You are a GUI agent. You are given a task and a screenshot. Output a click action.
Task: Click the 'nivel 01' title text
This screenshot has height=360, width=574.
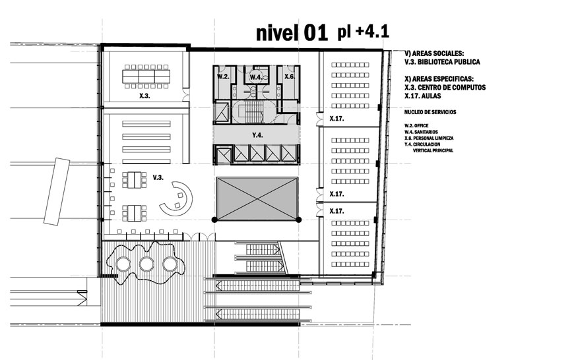point(292,33)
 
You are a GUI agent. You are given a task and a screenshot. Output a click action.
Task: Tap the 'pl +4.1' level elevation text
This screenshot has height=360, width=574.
point(363,32)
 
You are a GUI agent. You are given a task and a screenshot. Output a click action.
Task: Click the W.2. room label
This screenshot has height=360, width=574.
point(223,77)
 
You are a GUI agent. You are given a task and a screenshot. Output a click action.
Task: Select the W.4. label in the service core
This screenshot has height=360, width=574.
point(255,78)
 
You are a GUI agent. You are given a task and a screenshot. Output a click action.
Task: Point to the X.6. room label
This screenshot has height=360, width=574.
point(290,76)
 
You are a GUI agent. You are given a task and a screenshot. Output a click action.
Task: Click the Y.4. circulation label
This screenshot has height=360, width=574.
point(257,135)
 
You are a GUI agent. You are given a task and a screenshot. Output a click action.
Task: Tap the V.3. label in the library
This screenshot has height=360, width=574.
point(158,177)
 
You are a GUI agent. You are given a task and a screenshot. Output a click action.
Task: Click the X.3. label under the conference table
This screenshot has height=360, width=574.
point(144,96)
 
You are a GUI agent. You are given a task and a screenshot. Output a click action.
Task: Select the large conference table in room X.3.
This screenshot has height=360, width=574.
point(146,76)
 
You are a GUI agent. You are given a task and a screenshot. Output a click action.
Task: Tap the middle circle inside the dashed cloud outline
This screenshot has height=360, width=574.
point(146,264)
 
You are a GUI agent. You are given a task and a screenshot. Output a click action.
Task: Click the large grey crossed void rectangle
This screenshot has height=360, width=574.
point(257,198)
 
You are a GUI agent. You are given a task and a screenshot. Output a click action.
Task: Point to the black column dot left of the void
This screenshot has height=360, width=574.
point(214,220)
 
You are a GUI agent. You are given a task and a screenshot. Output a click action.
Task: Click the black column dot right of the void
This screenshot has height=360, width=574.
point(299,220)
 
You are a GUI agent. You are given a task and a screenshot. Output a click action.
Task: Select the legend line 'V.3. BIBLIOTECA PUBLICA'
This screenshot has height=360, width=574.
point(442,62)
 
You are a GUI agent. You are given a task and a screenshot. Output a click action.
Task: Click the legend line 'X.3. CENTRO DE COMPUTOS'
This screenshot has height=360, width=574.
point(445,88)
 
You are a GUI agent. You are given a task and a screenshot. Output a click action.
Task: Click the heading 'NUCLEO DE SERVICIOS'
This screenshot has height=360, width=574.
point(430,112)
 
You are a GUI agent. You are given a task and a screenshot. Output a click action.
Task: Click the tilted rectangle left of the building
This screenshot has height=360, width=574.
point(57,191)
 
